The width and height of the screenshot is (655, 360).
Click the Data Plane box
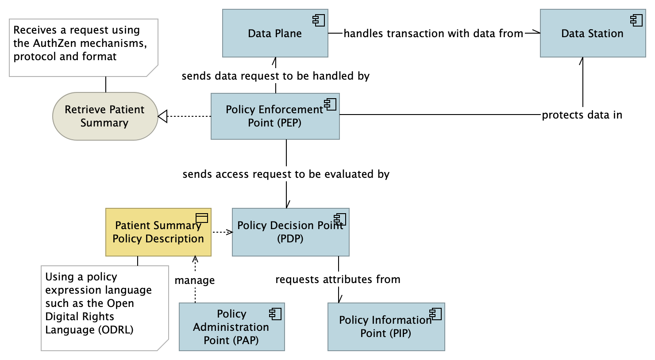pyautogui.click(x=275, y=34)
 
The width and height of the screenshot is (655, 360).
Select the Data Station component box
pyautogui.click(x=592, y=34)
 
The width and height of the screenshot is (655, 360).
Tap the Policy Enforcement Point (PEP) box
pyautogui.click(x=275, y=116)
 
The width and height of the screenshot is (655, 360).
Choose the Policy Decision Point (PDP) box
pyautogui.click(x=290, y=232)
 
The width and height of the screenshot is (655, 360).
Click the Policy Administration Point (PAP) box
pyautogui.click(x=231, y=327)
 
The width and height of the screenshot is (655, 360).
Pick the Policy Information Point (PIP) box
pyautogui.click(x=386, y=327)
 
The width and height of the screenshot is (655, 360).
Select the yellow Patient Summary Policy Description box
pyautogui.click(x=158, y=232)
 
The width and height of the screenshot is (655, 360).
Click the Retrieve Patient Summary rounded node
pyautogui.click(x=105, y=116)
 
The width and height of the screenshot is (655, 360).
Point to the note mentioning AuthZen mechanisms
pyautogui.click(x=83, y=47)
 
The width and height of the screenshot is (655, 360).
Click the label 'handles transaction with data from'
pyautogui.click(x=433, y=34)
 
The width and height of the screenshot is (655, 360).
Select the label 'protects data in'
pyautogui.click(x=582, y=115)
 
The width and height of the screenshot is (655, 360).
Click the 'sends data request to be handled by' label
pyautogui.click(x=275, y=76)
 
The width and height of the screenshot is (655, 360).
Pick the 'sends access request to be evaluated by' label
pyautogui.click(x=286, y=174)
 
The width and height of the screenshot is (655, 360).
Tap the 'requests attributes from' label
pyautogui.click(x=338, y=280)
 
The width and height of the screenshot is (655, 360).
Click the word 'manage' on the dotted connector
pyautogui.click(x=195, y=280)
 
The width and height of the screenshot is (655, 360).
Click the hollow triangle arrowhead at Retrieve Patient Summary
pyautogui.click(x=162, y=116)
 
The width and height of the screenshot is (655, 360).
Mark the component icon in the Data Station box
pyautogui.click(x=636, y=20)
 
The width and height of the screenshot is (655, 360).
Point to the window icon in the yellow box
pyautogui.click(x=202, y=218)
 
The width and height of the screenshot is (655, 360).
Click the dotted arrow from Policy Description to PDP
pyautogui.click(x=222, y=232)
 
